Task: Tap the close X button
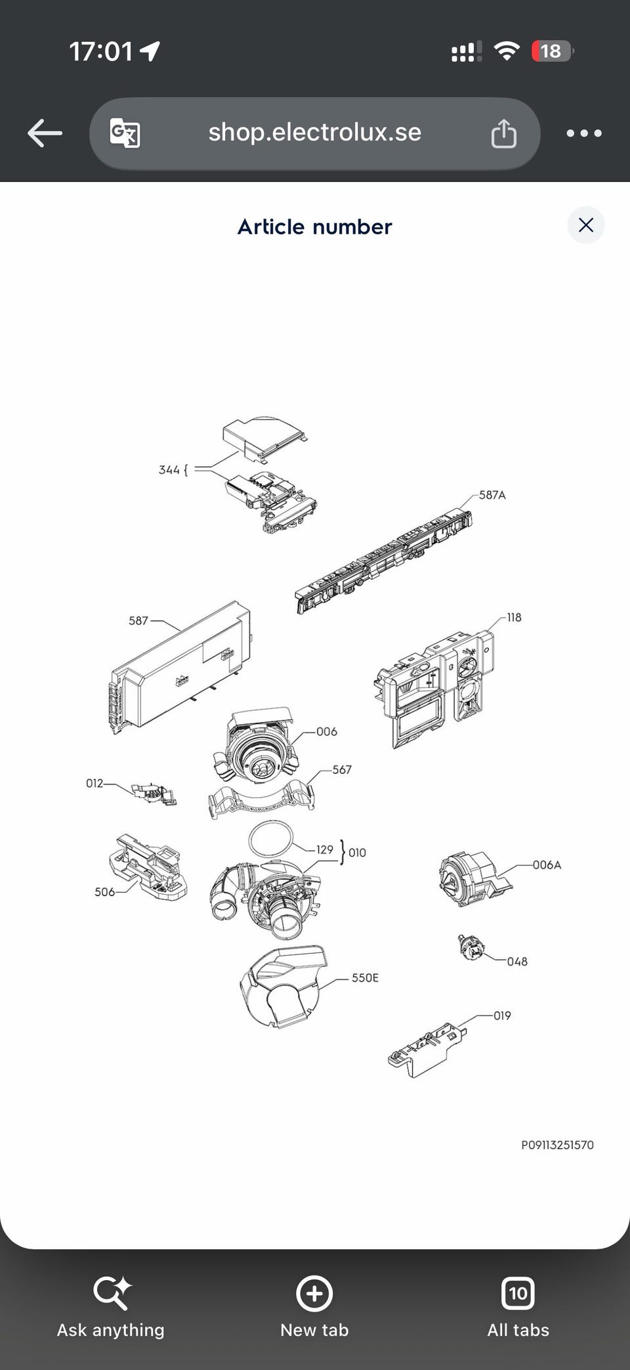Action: (x=585, y=225)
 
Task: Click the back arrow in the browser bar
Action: (x=45, y=133)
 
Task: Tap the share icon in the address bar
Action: (x=504, y=133)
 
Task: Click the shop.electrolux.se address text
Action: (x=314, y=133)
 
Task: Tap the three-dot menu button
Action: (x=583, y=133)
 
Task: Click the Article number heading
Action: (x=314, y=226)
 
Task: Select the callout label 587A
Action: (x=492, y=495)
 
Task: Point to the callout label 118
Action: (x=514, y=617)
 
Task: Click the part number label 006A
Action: (x=547, y=865)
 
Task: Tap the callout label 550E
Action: (x=365, y=977)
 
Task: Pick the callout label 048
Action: (x=517, y=961)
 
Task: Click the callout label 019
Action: (x=502, y=1016)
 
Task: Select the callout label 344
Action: (x=169, y=469)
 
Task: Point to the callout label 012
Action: (x=94, y=783)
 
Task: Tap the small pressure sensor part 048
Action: (x=472, y=947)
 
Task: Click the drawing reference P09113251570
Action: (x=557, y=1145)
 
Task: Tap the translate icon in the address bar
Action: (x=125, y=133)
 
